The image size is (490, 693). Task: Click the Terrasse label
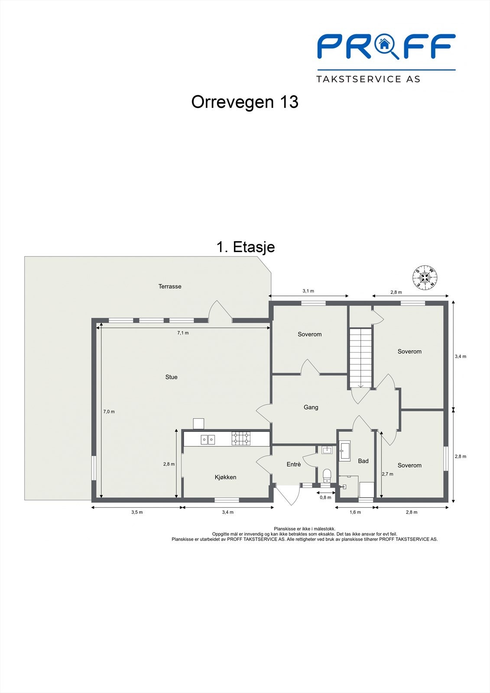170,286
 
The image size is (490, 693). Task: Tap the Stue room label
171,377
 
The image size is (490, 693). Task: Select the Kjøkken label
225,477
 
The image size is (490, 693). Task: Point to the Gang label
311,407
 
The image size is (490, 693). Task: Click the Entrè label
293,464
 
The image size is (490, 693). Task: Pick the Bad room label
363,461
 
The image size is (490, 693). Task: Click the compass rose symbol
425,277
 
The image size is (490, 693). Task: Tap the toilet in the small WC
327,476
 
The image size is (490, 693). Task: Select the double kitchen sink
208,440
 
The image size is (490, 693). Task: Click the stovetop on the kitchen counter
241,439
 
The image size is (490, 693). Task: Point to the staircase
360,358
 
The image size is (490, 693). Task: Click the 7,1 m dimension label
183,333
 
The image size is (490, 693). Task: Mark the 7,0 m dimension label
109,411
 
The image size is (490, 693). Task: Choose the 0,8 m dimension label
325,498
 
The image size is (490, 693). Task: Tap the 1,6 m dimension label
355,512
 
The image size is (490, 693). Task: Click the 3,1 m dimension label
308,291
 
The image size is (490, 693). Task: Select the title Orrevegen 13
245,102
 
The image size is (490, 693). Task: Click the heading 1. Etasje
246,247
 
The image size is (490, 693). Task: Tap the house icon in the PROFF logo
384,44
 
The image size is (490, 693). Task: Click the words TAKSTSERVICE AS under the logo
368,79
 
